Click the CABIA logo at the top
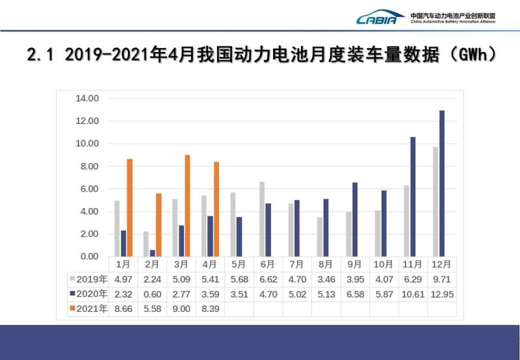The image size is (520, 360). tap(380, 17)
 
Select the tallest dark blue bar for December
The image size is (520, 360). tap(442, 183)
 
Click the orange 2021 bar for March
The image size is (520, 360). tap(188, 205)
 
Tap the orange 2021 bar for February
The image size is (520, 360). tap(159, 224)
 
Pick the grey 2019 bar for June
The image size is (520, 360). tap(261, 219)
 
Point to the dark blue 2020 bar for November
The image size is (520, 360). tap(413, 196)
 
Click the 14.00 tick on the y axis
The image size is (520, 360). tap(86, 99)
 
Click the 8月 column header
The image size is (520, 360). tap(326, 264)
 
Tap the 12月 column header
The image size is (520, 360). tap(442, 264)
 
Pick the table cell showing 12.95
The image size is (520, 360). tap(442, 294)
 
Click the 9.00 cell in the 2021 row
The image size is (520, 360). tap(181, 308)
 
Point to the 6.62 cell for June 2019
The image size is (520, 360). tap(268, 279)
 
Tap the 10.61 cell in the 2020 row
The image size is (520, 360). tap(413, 294)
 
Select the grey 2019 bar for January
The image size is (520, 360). tap(117, 228)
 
